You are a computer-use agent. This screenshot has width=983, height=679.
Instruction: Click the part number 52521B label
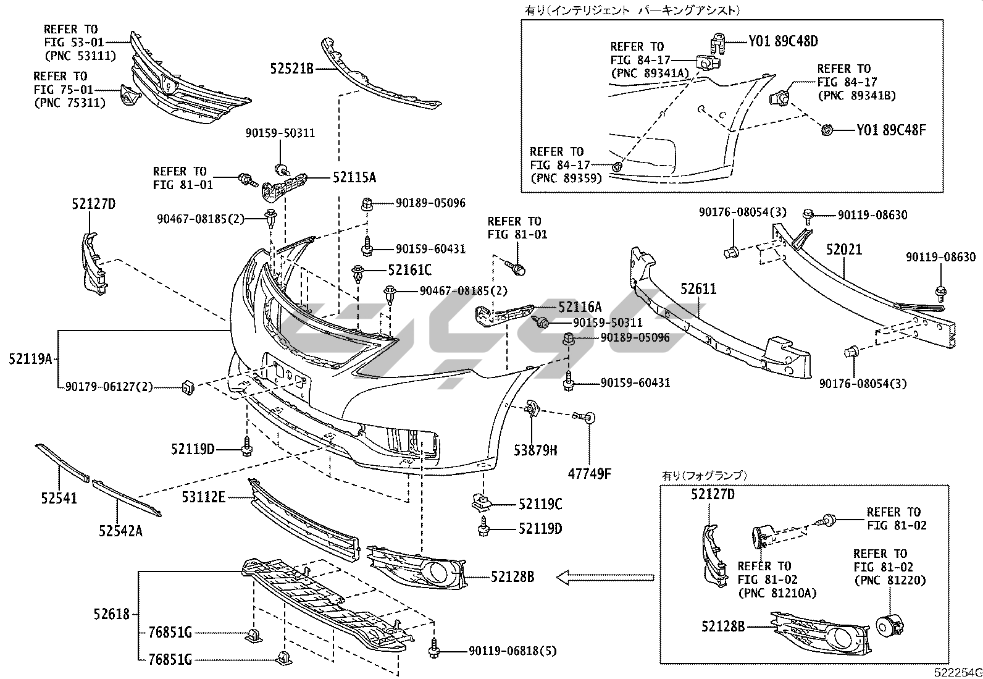coord(291,69)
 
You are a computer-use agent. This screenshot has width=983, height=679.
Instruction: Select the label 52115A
coord(354,178)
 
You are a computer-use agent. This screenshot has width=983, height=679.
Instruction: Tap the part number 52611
coord(698,289)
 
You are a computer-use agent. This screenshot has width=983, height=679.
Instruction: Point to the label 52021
coord(844,249)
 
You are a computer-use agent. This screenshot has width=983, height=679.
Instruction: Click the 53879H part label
coord(535,450)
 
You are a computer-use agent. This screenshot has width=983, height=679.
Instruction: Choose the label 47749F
coord(590,474)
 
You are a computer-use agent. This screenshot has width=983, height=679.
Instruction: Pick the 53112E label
coord(204,496)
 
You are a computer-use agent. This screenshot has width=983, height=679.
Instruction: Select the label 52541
coord(59,497)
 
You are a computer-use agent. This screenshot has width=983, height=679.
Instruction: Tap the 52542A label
coord(120,531)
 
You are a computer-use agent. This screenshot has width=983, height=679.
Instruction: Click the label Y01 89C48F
coord(891,130)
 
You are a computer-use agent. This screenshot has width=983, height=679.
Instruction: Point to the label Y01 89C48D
coord(783,41)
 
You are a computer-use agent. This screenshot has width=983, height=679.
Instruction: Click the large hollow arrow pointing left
coord(604,577)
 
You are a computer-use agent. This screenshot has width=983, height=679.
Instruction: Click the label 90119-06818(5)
coord(512,651)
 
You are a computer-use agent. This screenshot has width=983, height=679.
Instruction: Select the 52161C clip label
coord(409,270)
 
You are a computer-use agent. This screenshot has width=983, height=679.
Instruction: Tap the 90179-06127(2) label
coord(109,387)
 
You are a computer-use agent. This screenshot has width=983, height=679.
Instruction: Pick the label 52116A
coord(579,307)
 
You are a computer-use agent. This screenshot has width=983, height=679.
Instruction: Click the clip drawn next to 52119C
coord(482,502)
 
